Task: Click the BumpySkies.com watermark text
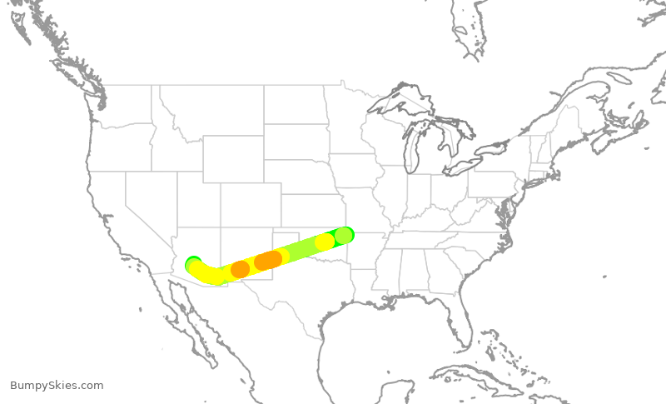tap(57, 386)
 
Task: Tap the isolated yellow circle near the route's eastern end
tap(325, 242)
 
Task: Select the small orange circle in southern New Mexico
tap(240, 269)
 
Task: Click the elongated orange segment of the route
tap(268, 261)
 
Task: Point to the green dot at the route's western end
tap(193, 263)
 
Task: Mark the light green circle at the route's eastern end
tap(343, 235)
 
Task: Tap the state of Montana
tap(208, 112)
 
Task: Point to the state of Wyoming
tap(233, 159)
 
